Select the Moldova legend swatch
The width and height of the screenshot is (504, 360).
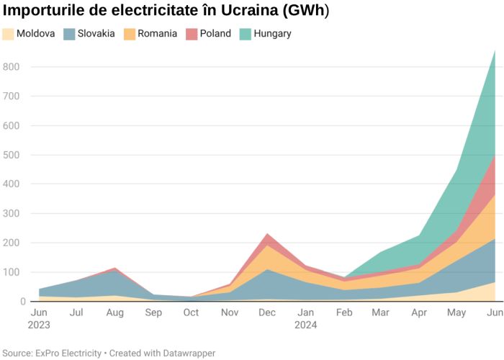(8, 34)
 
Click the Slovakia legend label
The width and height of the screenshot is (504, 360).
(96, 34)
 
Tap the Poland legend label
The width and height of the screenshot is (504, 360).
(216, 34)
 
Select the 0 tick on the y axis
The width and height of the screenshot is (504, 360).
(23, 302)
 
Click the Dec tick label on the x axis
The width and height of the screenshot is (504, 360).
(267, 313)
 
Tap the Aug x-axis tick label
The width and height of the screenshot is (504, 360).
(115, 313)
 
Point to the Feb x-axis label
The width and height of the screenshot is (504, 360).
(343, 313)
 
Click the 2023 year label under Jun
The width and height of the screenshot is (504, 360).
(40, 325)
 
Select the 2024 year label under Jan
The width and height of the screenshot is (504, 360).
(305, 325)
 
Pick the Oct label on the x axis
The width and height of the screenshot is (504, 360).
(191, 313)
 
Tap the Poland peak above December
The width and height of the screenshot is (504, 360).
(267, 234)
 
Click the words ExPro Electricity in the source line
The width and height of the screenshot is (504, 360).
(68, 354)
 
